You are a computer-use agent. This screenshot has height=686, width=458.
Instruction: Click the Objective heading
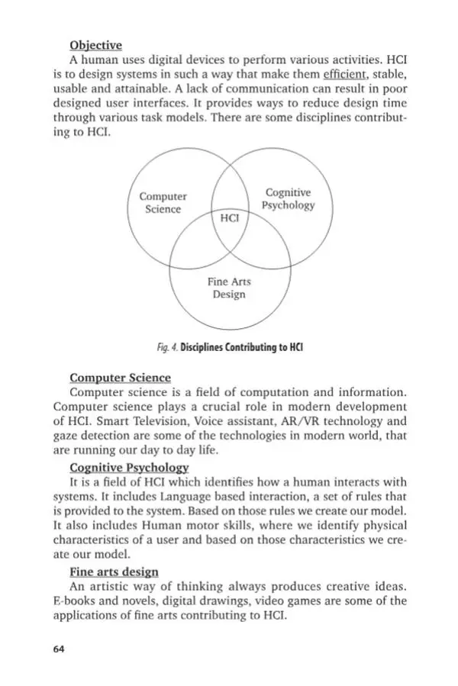click(95, 45)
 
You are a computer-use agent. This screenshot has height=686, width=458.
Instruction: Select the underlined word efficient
click(346, 75)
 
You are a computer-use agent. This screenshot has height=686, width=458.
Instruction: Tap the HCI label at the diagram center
click(229, 217)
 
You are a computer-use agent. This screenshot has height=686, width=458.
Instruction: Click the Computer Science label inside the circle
click(163, 203)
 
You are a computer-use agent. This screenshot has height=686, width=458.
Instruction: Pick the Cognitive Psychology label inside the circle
click(288, 199)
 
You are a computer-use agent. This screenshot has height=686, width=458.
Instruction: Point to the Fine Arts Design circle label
click(229, 288)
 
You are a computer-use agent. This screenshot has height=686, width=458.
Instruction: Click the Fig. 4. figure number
click(166, 347)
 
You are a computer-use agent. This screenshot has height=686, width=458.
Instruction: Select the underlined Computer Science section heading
click(120, 377)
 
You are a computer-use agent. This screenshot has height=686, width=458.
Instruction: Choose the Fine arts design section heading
click(114, 572)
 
